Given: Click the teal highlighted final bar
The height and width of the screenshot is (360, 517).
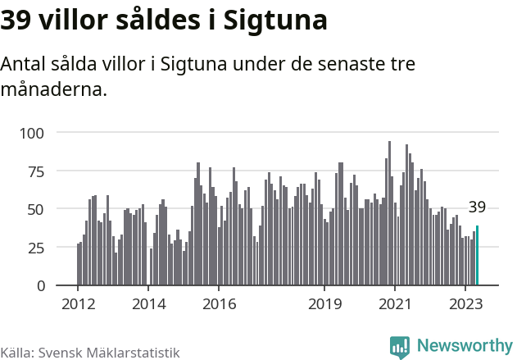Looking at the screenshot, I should pos(477,256).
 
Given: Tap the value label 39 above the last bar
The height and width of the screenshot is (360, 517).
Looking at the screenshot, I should pos(477,207).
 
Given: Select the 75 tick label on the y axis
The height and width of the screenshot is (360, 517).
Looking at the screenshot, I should pos(37,171).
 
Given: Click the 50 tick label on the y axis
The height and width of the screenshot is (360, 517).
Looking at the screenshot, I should pos(37,209).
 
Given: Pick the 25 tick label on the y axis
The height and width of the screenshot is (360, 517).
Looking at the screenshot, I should pos(37,247).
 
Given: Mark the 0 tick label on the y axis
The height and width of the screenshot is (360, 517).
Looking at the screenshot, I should pos(41,285).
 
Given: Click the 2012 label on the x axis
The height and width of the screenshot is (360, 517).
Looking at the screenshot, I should pos(79,303).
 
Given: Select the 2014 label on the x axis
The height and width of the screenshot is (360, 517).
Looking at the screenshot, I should pos(148,303).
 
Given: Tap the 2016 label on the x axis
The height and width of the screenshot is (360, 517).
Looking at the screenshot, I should pos(219,303).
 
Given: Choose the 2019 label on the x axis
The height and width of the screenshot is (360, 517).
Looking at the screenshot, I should pos(324,303).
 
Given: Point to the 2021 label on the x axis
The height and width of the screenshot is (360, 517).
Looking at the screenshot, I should pos(395,303).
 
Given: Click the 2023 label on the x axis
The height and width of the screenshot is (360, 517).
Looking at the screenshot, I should pos(465,303).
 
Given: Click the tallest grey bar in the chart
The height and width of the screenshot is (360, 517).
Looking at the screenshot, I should pos(389,213).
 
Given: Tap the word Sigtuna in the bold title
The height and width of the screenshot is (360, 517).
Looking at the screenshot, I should pos(271,20).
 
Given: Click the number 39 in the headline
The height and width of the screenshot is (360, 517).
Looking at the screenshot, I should pos(17,20).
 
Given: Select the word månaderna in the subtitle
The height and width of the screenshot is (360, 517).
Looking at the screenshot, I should pos(53,89).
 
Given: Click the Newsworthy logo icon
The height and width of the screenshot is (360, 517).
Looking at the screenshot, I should pos(400,347).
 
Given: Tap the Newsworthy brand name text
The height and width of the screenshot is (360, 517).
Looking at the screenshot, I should pos(464,347).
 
